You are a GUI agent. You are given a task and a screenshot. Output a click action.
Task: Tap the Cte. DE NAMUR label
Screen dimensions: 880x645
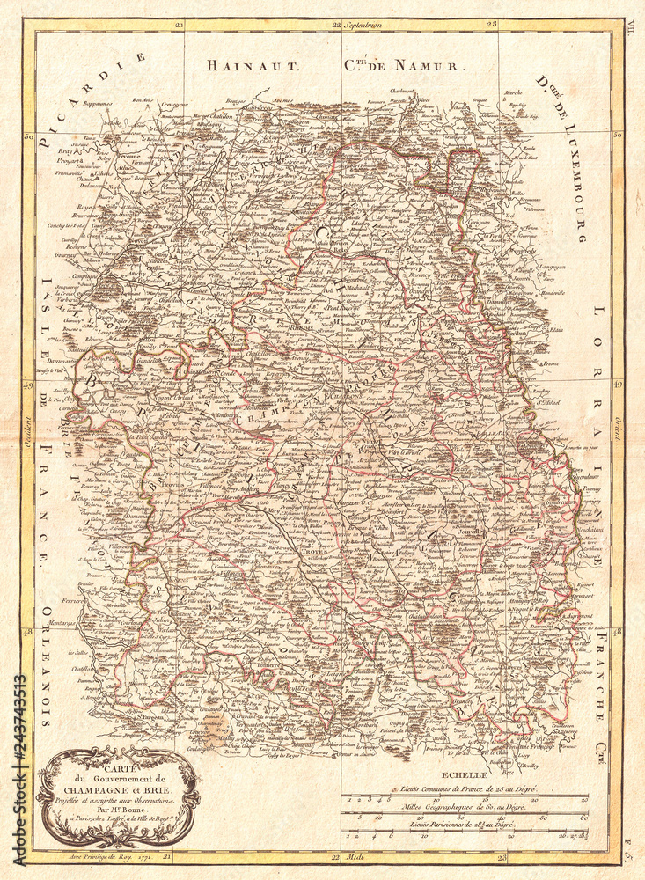[x=400, y=65]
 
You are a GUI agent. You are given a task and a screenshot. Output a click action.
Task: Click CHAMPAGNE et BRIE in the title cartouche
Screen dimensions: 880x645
[x=119, y=788]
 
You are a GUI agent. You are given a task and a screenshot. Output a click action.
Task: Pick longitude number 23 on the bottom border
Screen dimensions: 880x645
[x=502, y=855]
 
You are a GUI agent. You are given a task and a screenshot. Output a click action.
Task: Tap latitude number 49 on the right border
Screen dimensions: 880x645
[x=618, y=385]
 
